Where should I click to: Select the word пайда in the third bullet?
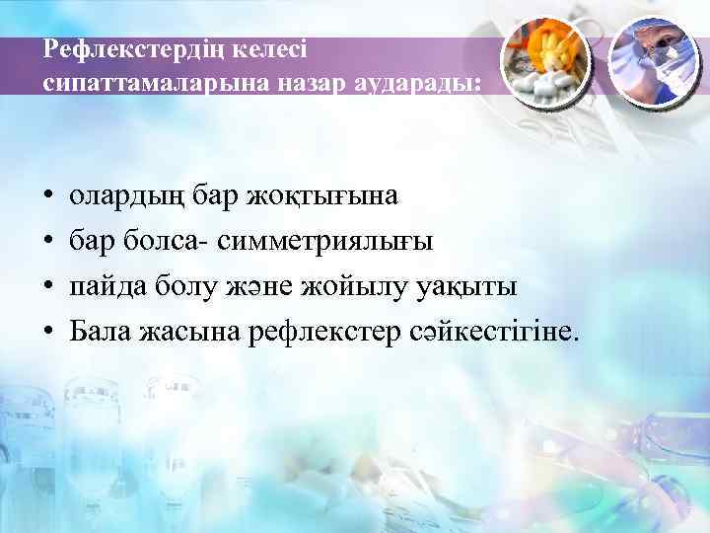point(106,287)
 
